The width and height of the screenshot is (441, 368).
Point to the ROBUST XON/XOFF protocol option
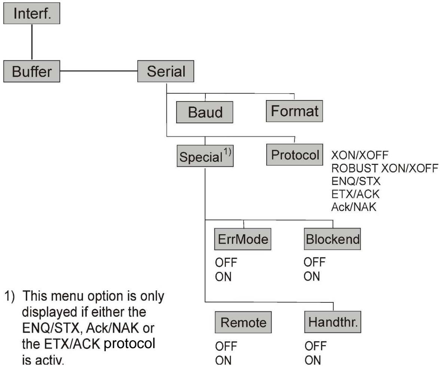(x=385, y=167)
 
